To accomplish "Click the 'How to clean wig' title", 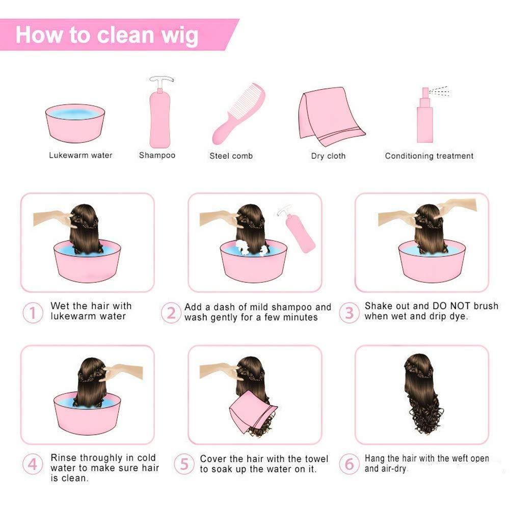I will (106, 35).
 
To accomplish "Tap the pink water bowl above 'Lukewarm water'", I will (75, 124).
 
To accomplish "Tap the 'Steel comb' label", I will (231, 156).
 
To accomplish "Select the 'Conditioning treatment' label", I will (429, 156).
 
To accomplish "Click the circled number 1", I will (33, 312).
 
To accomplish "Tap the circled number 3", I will (349, 312).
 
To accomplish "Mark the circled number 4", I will (33, 464).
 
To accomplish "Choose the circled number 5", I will (184, 464).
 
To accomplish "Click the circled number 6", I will (349, 464).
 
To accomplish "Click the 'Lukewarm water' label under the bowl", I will (80, 155).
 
